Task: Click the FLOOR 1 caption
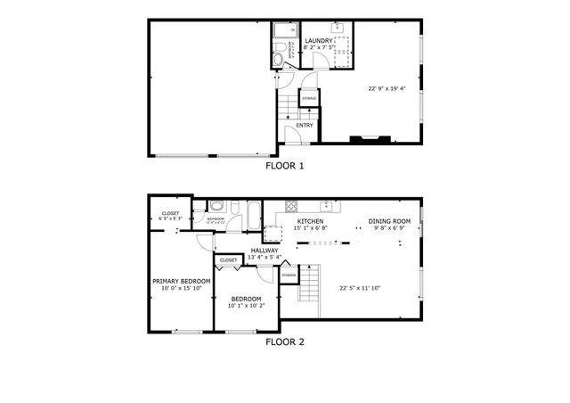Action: (285, 166)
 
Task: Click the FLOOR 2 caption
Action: (285, 341)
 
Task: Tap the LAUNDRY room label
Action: (319, 41)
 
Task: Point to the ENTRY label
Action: (305, 126)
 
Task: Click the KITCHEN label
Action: (310, 220)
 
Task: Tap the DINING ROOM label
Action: (389, 220)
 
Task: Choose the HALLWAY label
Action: (265, 251)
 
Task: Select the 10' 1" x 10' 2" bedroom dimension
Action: (246, 305)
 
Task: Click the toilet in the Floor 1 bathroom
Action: (278, 59)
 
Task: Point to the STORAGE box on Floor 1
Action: (309, 98)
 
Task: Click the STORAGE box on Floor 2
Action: (289, 275)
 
